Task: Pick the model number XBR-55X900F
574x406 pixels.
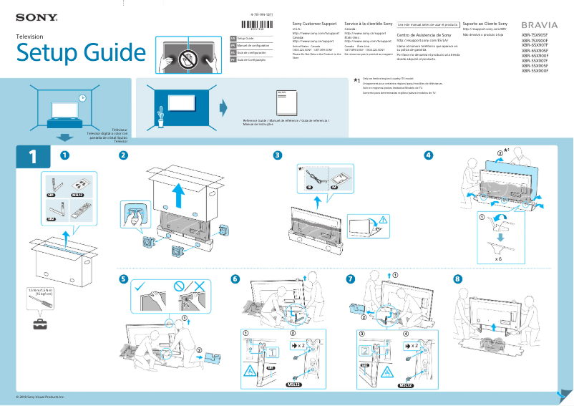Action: point(535,72)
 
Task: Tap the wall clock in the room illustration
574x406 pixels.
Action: point(82,98)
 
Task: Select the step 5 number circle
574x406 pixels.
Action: point(124,279)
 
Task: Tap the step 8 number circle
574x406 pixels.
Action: point(458,279)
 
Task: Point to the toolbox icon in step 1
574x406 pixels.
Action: point(40,324)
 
